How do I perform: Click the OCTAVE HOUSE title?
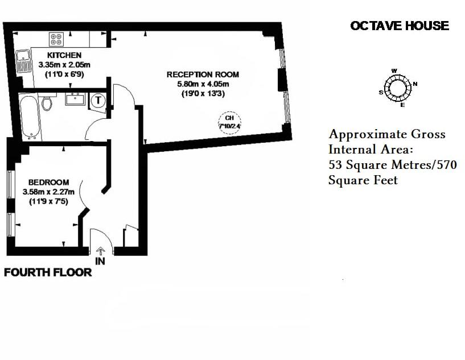(x=400, y=26)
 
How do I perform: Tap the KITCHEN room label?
(x=64, y=55)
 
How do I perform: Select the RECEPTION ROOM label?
(x=203, y=75)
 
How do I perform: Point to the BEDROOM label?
(x=49, y=183)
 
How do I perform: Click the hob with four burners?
(x=56, y=39)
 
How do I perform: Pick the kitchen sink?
(x=24, y=61)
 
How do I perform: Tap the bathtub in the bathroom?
(x=28, y=117)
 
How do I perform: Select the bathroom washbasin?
(x=75, y=100)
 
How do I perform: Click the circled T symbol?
(x=98, y=100)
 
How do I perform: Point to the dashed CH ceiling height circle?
(x=230, y=123)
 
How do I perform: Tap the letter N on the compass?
(x=415, y=84)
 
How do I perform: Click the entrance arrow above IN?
(x=101, y=250)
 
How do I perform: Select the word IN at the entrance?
(x=101, y=262)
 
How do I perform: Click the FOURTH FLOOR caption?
(x=48, y=272)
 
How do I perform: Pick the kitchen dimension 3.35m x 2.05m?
(x=64, y=65)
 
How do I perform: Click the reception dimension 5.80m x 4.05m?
(x=203, y=84)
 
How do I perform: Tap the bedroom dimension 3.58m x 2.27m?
(x=49, y=192)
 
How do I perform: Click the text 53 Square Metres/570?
(x=393, y=165)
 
